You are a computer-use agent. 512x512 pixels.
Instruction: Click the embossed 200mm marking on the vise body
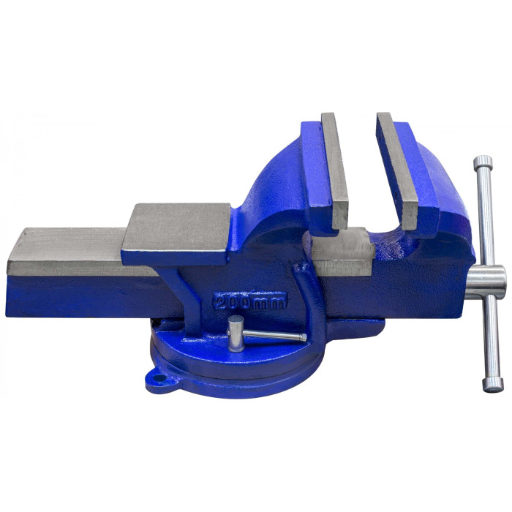coord(250,301)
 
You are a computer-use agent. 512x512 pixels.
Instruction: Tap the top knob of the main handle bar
coord(483,162)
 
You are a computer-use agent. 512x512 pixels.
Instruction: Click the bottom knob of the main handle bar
coord(493,385)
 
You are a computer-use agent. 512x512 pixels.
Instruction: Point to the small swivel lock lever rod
coord(274,335)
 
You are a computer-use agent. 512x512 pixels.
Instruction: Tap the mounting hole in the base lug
coord(160,378)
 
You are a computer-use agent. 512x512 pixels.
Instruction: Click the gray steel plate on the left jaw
coord(335,170)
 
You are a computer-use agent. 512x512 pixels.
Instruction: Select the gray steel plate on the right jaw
coord(398,170)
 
